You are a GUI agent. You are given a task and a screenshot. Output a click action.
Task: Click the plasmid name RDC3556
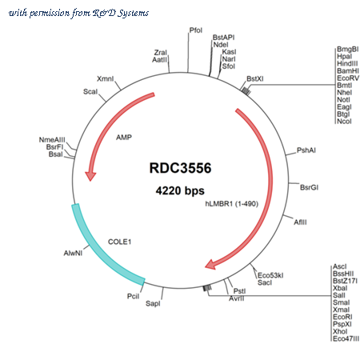click(180, 168)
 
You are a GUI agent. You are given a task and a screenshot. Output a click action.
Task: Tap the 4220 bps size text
click(180, 190)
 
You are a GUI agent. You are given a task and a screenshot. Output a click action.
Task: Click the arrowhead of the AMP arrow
click(90, 176)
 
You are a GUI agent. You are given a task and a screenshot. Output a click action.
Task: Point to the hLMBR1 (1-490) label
click(232, 204)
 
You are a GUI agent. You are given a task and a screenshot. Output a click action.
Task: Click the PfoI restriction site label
click(196, 30)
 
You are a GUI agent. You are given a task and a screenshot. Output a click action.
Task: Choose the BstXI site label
click(255, 78)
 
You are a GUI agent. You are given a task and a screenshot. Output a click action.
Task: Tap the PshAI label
click(306, 150)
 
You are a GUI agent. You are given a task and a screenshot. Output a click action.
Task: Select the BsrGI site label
click(309, 187)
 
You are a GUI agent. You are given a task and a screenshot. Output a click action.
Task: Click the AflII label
click(300, 222)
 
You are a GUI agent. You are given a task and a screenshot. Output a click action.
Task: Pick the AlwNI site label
click(73, 253)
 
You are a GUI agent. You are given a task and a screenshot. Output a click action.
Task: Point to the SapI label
click(153, 303)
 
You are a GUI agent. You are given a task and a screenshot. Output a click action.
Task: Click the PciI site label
click(133, 296)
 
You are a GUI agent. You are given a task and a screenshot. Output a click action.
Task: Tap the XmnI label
click(106, 78)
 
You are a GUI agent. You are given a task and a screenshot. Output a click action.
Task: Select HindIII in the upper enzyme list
click(347, 63)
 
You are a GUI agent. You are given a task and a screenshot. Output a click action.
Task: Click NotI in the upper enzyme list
click(343, 99)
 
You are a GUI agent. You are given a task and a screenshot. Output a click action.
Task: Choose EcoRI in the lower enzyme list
click(342, 317)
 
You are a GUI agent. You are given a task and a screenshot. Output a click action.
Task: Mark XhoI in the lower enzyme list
click(340, 331)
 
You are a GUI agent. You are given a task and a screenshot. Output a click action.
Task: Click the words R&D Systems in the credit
click(121, 13)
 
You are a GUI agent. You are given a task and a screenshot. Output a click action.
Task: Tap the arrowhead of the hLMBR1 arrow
click(210, 265)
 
